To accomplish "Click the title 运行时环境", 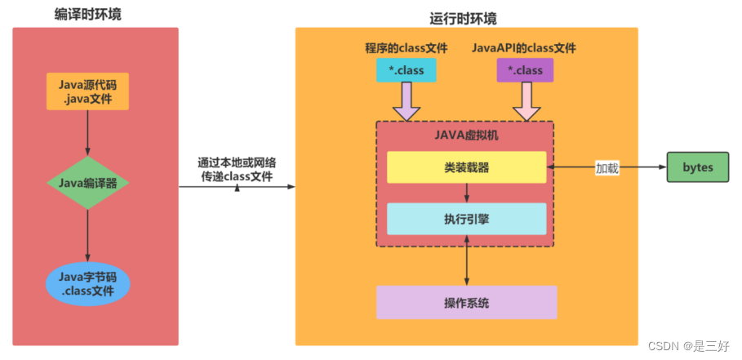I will pos(463,18).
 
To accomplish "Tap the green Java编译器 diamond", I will pos(87,181).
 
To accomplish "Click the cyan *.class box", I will pos(406,70).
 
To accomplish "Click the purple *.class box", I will pos(525,70).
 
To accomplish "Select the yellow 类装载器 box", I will pos(466,167).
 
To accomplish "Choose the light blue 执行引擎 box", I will pos(466,219).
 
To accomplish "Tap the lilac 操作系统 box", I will pos(466,302).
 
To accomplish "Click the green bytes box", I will pos(698,167).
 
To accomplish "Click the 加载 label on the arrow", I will pos(606,168).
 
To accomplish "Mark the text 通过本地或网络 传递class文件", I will pos(237,168).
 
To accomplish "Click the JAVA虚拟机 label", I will pos(466,136).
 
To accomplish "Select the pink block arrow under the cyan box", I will pos(406,102).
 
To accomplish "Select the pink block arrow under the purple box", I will pos(525,102).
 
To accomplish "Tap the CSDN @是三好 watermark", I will pos(691,346).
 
